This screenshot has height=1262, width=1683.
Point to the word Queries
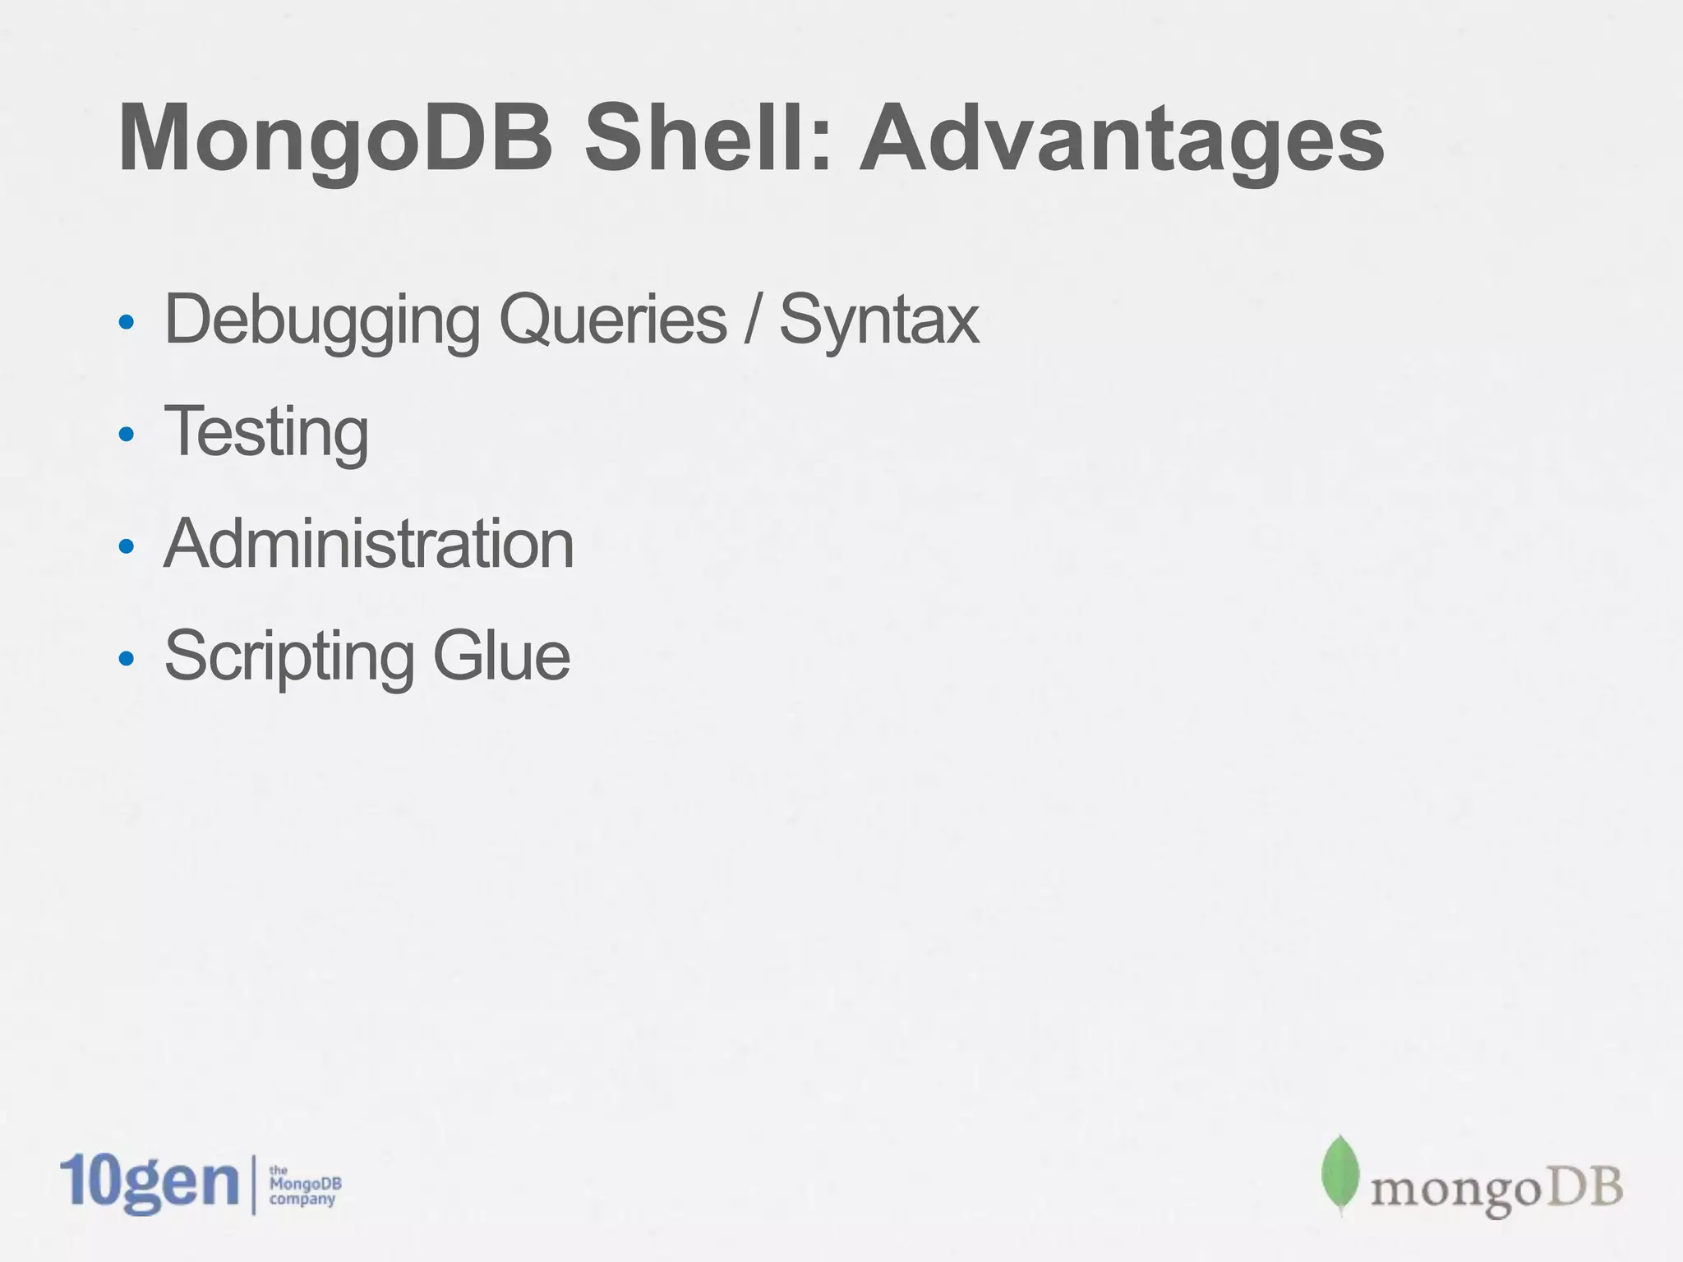[613, 320]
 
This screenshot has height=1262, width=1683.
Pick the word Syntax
[878, 321]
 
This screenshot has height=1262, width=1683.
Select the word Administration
[369, 544]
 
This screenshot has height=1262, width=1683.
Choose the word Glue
[501, 656]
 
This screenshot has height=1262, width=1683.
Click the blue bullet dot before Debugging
[126, 321]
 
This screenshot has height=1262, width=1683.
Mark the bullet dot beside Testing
[126, 434]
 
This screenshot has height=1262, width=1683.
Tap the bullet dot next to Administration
[126, 546]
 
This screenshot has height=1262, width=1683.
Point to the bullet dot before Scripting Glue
[126, 657]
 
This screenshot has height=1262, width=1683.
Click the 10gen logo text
[149, 1183]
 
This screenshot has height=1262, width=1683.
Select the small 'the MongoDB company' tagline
[305, 1186]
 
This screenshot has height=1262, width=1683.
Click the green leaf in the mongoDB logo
[1340, 1174]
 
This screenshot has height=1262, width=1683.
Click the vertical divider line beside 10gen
[253, 1184]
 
